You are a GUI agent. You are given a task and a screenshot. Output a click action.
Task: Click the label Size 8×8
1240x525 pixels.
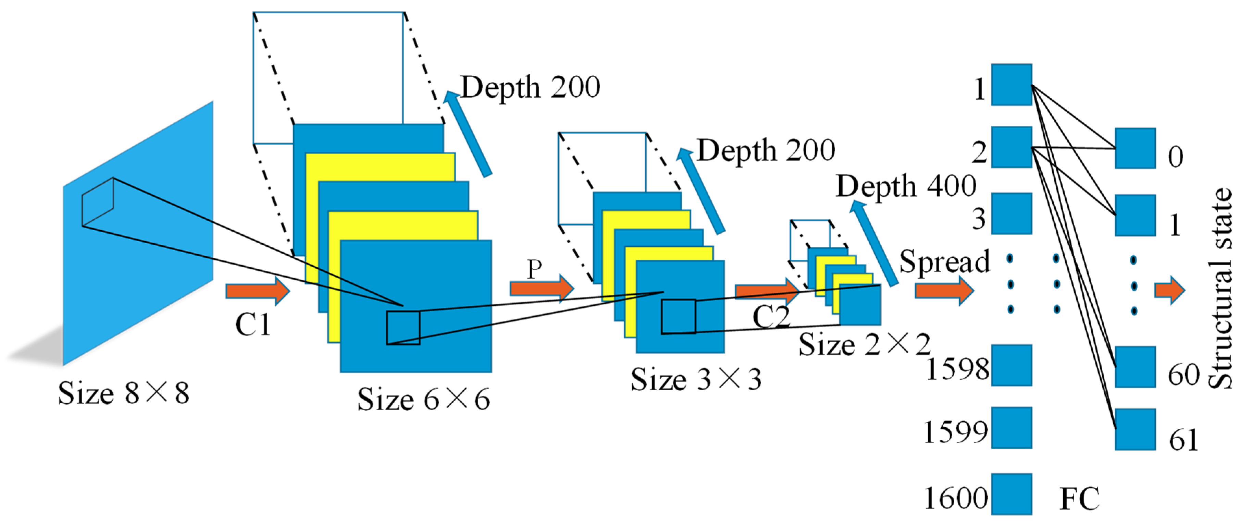tap(124, 393)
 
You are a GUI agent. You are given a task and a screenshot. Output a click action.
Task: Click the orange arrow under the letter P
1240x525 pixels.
tap(542, 289)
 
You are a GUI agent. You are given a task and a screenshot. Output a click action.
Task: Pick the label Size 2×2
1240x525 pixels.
tap(864, 344)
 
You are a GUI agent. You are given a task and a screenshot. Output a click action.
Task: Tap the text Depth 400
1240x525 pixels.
tap(906, 186)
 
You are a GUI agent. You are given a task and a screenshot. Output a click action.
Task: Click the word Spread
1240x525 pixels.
tap(944, 261)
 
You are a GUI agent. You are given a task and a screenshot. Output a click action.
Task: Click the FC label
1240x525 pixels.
tap(1080, 499)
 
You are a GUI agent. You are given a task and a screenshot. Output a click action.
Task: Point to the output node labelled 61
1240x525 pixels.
tap(1136, 429)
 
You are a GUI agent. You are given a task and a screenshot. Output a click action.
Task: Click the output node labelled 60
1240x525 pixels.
tap(1136, 367)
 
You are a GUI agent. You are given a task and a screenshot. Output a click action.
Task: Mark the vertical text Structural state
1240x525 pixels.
tap(1220, 288)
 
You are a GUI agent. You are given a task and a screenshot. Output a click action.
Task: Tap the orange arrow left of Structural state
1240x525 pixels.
tap(1170, 291)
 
